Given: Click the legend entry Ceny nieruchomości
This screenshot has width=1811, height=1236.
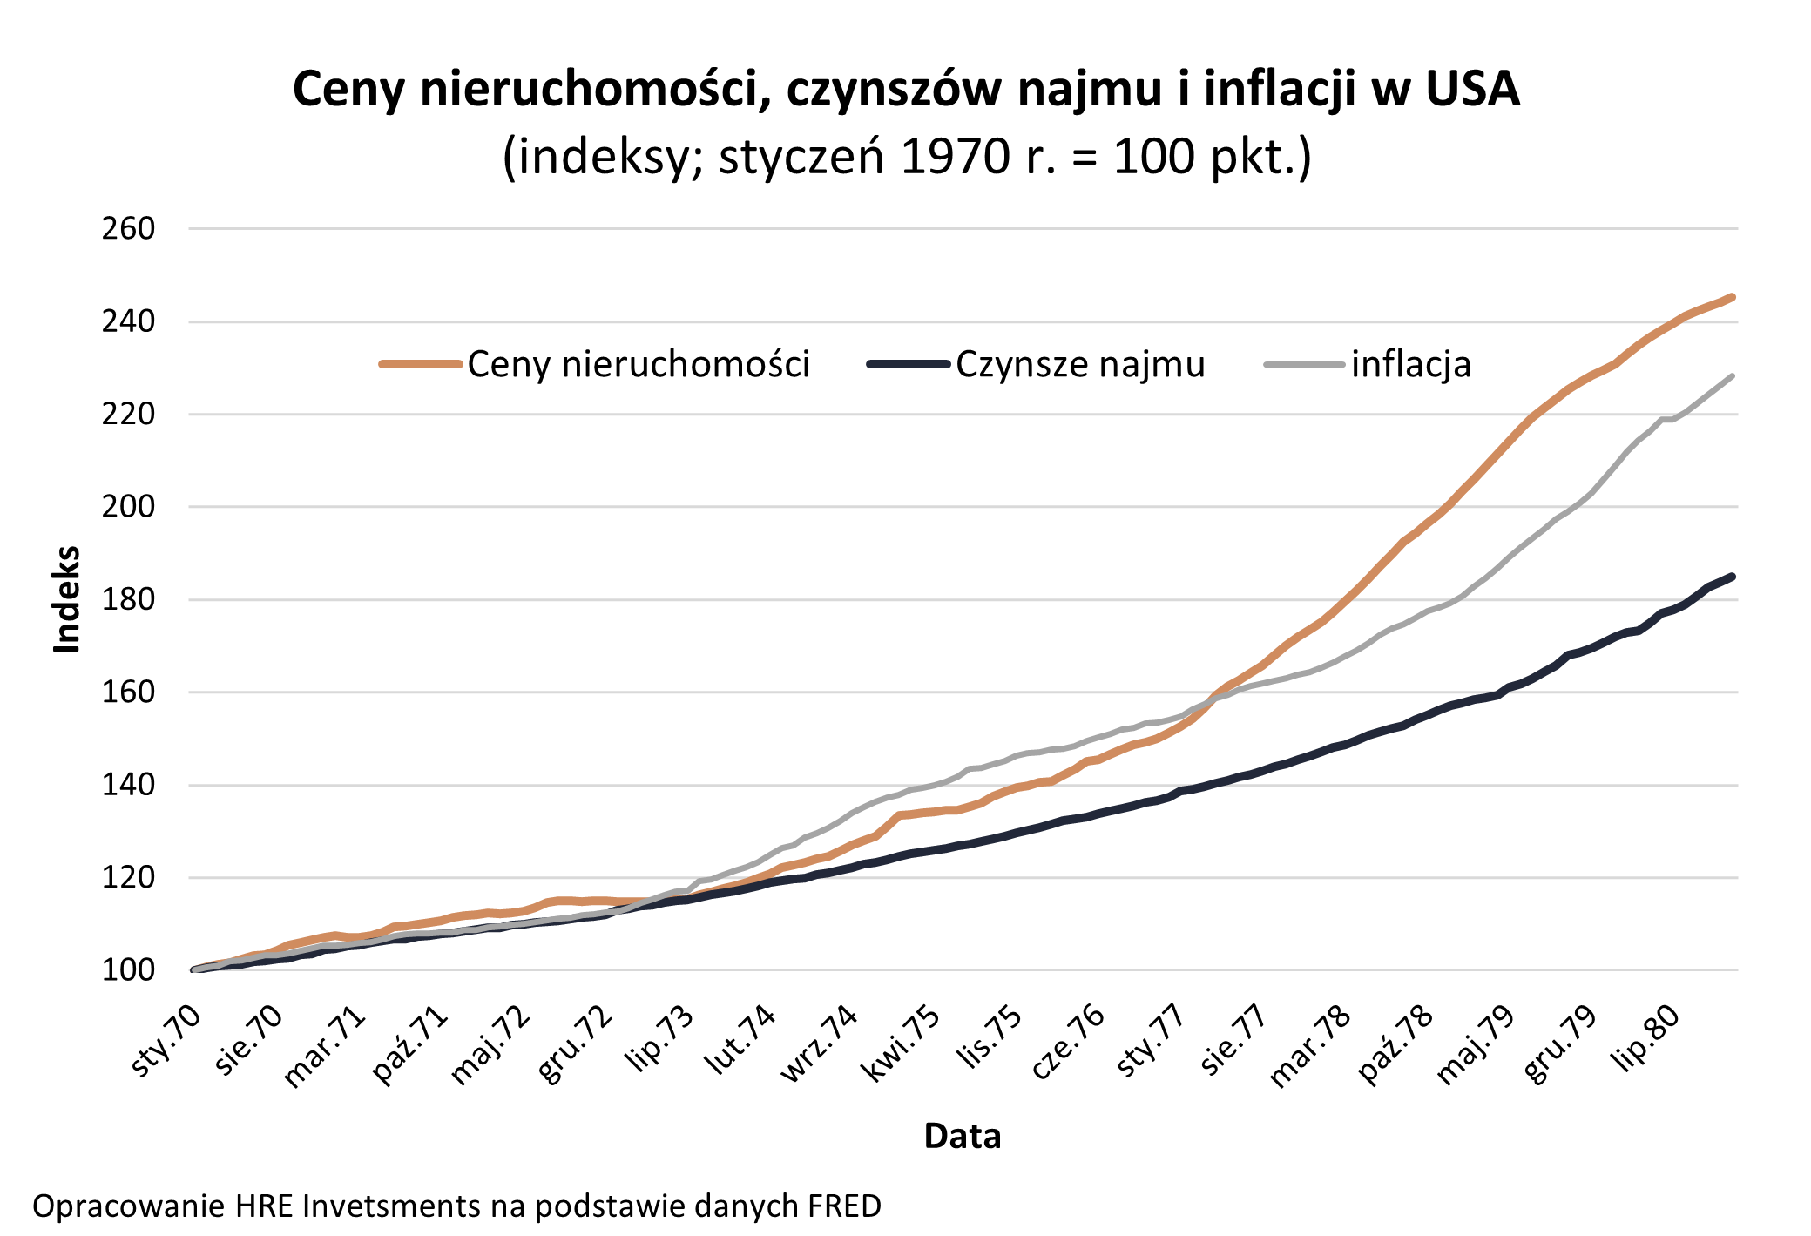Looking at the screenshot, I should (x=638, y=364).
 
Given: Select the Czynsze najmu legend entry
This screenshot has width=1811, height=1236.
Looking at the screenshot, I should (x=1079, y=364).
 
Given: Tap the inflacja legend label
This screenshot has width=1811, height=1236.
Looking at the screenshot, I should (x=1410, y=364).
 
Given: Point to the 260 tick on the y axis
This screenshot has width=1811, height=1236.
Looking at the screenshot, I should (x=128, y=229).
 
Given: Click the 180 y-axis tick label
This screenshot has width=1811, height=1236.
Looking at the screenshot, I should (x=128, y=599).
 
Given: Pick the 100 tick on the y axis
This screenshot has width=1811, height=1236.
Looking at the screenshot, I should (x=128, y=969).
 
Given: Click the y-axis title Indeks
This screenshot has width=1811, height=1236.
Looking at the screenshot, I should (x=67, y=599).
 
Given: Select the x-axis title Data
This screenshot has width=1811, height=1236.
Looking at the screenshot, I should (x=962, y=1136).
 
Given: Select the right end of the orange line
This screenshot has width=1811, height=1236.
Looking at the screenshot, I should (x=1732, y=297).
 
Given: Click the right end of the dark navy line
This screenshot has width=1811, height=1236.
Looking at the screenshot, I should (x=1732, y=577).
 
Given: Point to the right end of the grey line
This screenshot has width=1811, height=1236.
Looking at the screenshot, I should (x=1732, y=376).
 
